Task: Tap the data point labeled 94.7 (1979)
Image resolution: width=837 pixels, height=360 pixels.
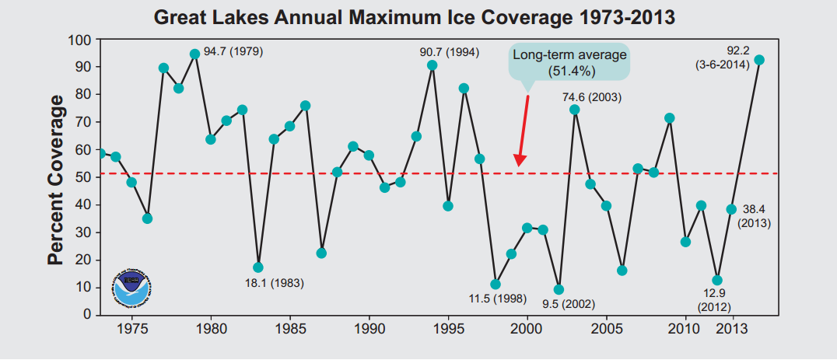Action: point(194,54)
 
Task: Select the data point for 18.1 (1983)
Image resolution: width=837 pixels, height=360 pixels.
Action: point(258,267)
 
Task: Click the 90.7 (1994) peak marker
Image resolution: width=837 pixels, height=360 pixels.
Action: point(432,65)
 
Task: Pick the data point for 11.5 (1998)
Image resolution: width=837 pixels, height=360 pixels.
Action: point(496,285)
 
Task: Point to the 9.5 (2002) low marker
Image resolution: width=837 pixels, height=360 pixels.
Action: point(559,289)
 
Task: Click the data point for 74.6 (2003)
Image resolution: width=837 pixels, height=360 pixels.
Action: point(575,110)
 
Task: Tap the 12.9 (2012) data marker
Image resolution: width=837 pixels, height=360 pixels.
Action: point(717,280)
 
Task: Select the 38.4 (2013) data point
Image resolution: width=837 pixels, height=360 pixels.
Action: point(731,209)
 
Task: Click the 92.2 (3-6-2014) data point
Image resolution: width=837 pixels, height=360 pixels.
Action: point(759,60)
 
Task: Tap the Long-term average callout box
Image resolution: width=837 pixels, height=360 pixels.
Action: point(569,62)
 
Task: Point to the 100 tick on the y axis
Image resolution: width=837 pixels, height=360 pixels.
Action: point(81,40)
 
